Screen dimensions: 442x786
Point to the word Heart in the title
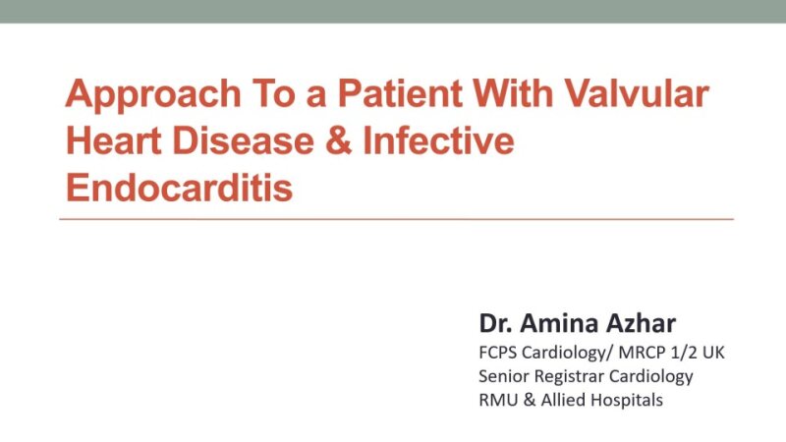[x=111, y=140]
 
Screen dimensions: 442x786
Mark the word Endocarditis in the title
[x=179, y=185]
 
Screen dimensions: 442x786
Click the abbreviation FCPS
[x=500, y=352]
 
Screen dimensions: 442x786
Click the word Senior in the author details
[x=504, y=376]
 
